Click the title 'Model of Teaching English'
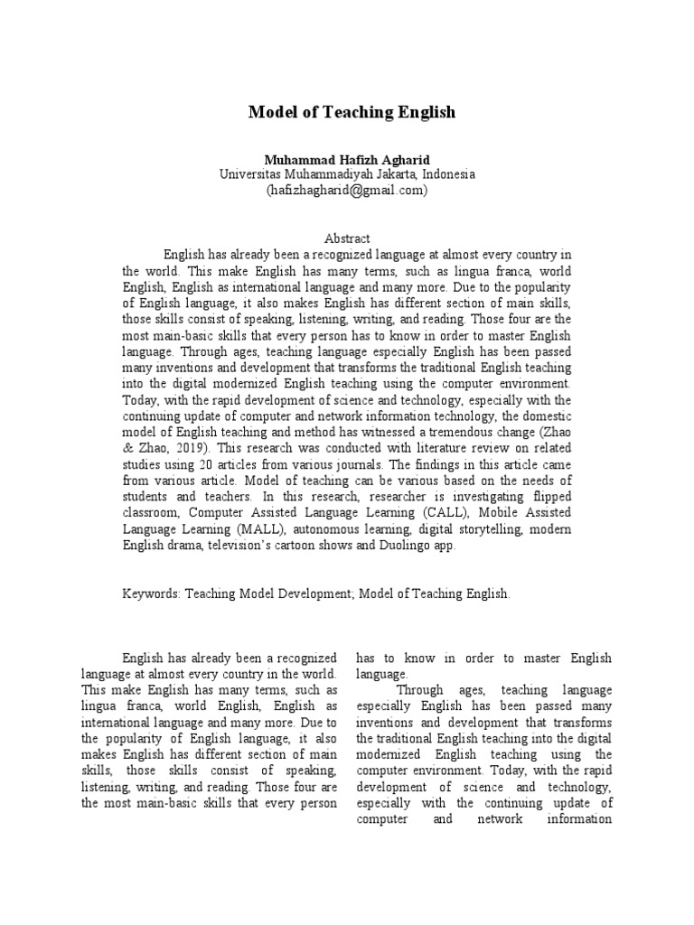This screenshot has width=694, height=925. click(x=352, y=113)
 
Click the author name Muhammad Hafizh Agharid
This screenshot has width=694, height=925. click(x=346, y=159)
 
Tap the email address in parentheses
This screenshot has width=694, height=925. click(x=346, y=191)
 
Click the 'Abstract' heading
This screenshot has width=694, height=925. click(x=347, y=239)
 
